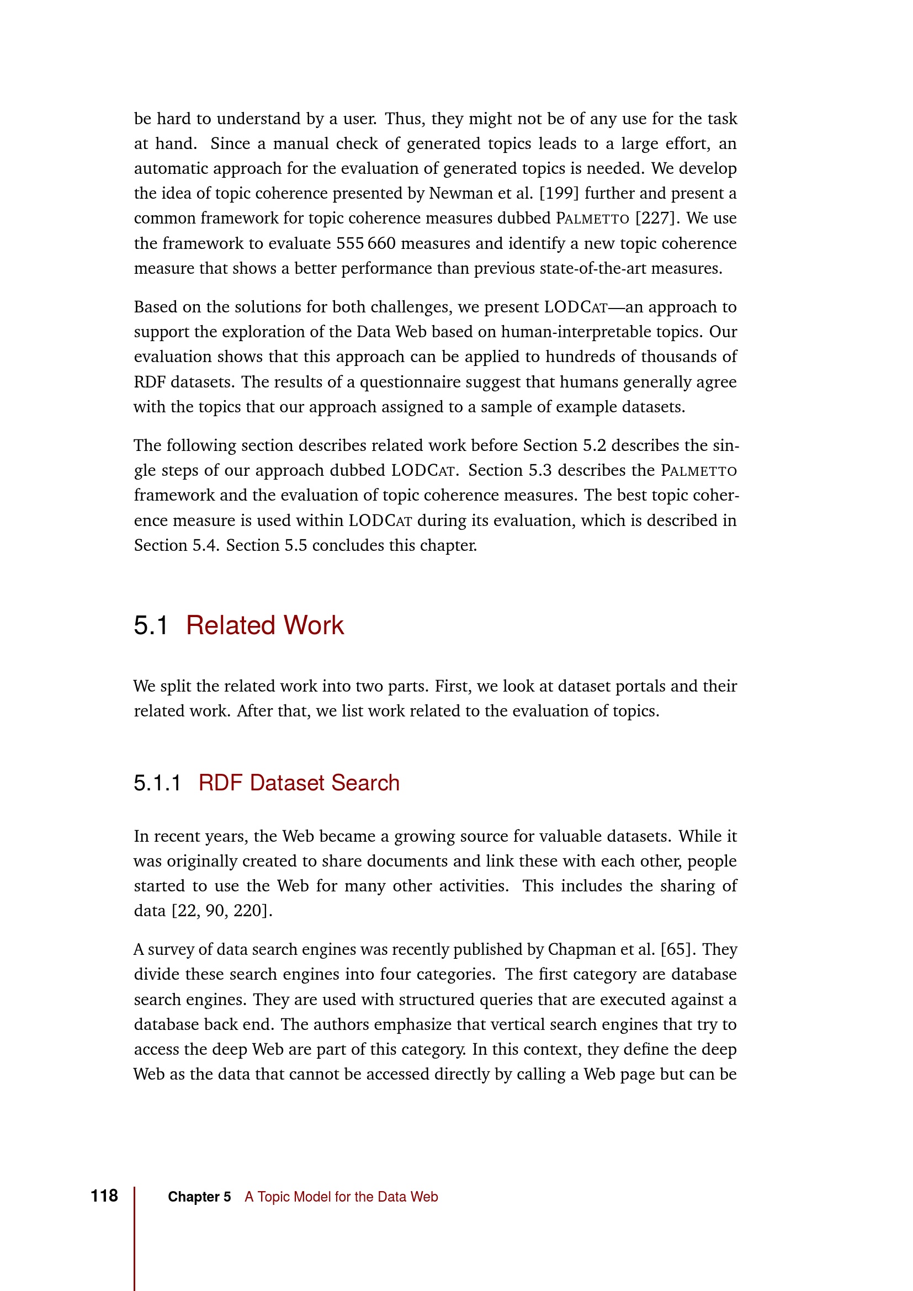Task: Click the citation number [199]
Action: pos(559,193)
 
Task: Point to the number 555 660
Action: pos(366,243)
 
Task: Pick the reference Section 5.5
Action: pos(267,545)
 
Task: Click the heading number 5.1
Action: pos(151,626)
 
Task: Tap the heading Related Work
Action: pos(265,626)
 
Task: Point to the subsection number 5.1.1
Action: pos(157,783)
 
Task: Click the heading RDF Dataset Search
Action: pos(299,783)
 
